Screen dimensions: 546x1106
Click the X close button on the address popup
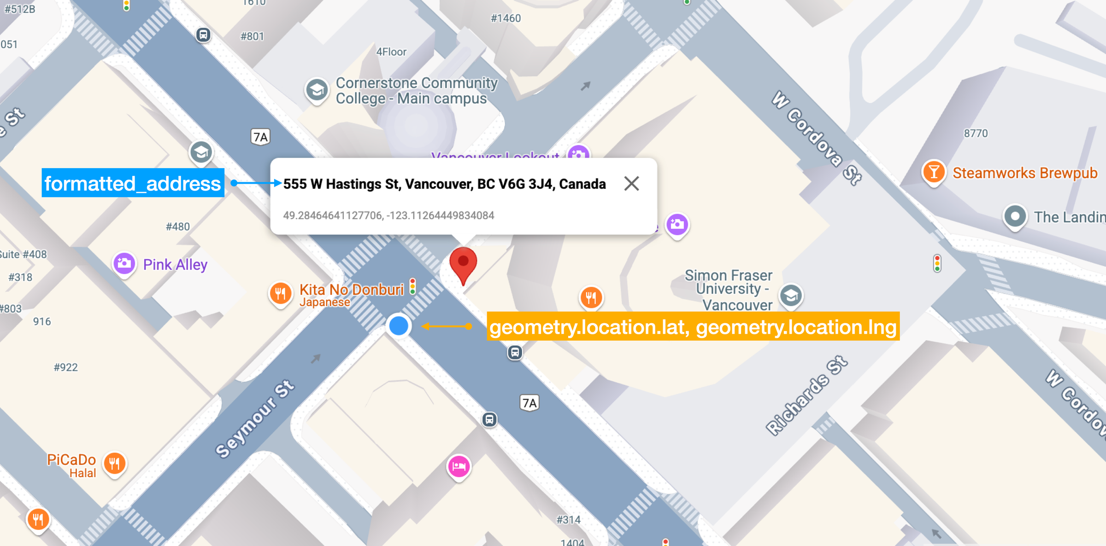631,184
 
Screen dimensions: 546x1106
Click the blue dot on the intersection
399,326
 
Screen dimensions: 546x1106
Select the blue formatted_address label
133,183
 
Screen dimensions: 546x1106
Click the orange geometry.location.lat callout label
693,327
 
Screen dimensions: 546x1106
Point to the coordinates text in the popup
388,215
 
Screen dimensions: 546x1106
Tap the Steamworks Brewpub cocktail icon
934,172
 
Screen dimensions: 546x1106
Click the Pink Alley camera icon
124,264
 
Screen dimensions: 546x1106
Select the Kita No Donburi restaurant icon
280,293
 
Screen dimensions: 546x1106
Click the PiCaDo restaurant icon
115,463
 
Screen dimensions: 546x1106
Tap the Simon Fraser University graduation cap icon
791,296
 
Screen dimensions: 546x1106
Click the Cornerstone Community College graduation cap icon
317,90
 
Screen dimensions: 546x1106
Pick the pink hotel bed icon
459,467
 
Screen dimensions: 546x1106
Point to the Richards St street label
806,396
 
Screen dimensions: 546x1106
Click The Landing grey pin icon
1015,216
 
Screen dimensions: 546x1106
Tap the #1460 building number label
506,18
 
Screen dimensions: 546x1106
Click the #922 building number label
66,367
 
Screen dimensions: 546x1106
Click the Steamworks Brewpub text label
1025,173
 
